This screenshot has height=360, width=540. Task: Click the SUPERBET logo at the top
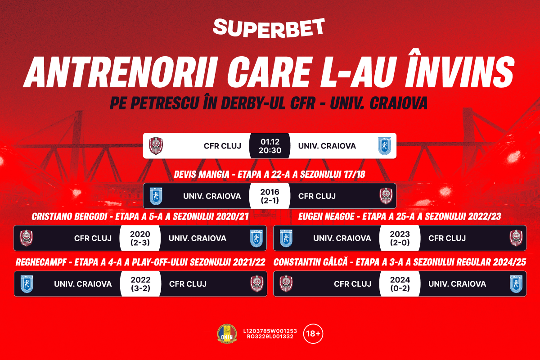269,28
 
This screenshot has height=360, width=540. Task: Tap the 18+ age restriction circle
313,333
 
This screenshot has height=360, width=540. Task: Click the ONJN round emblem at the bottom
227,334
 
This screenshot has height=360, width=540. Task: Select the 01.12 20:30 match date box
270,146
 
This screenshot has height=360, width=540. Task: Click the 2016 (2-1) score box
270,196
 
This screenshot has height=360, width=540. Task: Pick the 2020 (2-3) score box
140,238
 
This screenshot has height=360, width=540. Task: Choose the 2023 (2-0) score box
400,238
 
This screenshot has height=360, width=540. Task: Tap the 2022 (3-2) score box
140,283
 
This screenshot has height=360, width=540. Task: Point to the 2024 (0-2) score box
400,283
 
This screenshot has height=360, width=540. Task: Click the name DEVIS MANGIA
202,174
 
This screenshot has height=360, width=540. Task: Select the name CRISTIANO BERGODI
69,216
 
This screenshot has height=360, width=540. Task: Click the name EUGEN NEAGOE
326,216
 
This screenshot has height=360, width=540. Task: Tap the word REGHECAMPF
41,262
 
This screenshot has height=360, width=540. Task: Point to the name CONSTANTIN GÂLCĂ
310,262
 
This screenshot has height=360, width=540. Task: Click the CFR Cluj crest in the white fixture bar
156,146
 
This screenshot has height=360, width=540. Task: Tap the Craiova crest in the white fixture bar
384,146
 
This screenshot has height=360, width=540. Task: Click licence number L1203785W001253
270,331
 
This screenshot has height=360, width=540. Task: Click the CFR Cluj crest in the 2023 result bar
516,238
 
